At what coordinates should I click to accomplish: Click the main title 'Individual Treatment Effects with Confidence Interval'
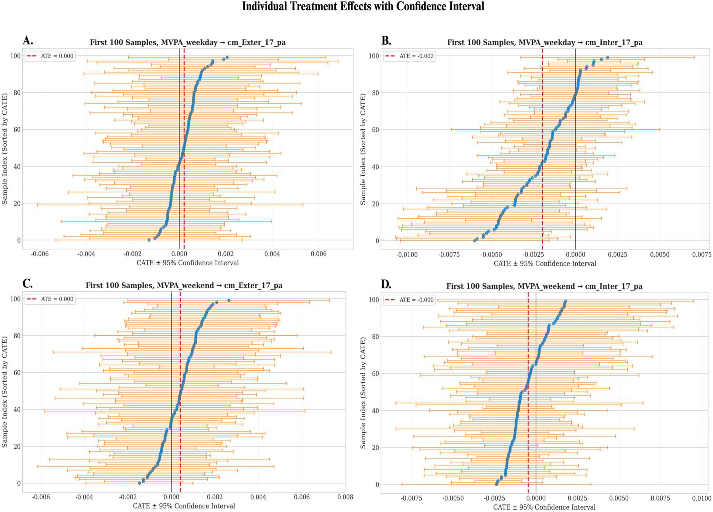pyautogui.click(x=363, y=6)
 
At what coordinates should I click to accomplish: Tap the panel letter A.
pyautogui.click(x=28, y=41)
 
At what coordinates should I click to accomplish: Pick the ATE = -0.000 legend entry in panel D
pyautogui.click(x=409, y=300)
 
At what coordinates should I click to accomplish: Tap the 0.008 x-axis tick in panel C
pyautogui.click(x=345, y=497)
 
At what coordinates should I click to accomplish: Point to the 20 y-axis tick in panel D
pyautogui.click(x=375, y=447)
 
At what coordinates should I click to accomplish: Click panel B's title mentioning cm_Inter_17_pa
pyautogui.click(x=545, y=42)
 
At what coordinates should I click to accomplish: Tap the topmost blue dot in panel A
pyautogui.click(x=227, y=58)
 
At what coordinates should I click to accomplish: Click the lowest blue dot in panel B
pyautogui.click(x=475, y=241)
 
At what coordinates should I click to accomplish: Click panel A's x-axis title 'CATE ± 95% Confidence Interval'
pyautogui.click(x=188, y=263)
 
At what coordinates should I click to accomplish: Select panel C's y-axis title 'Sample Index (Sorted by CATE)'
pyautogui.click(x=4, y=392)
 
